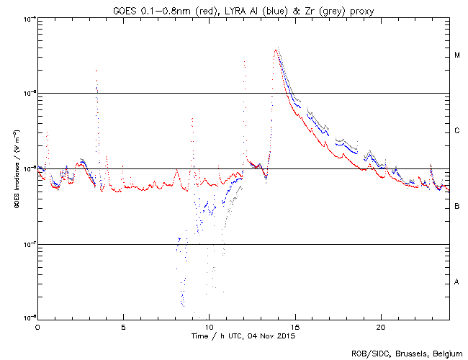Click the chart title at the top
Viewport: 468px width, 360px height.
(243, 9)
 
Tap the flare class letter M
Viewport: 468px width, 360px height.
(457, 55)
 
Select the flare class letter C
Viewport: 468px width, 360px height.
(457, 131)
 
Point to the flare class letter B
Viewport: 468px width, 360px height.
(457, 207)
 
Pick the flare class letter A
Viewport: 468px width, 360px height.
(457, 282)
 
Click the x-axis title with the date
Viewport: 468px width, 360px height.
(243, 336)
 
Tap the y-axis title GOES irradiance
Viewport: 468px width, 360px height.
(15, 169)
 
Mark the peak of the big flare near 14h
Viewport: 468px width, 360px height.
(276, 50)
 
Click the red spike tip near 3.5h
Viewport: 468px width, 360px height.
(96, 71)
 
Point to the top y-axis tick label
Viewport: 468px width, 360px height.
(27, 18)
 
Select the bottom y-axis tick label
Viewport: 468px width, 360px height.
(27, 318)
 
